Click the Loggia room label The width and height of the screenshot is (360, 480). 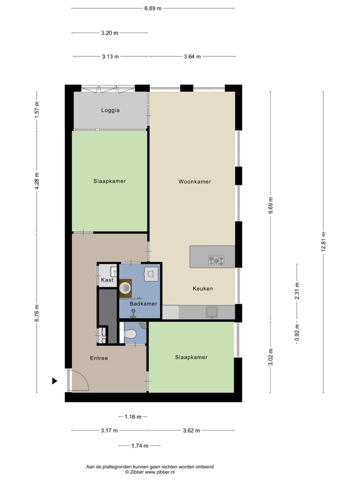110,110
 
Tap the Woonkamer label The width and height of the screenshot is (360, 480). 194,182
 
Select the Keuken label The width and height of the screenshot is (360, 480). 203,289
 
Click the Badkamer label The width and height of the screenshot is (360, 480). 143,304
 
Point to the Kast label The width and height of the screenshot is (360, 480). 107,280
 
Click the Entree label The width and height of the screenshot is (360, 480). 99,358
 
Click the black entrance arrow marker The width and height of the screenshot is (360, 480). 55,381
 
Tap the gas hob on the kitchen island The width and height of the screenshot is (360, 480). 216,261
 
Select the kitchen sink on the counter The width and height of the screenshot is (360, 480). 212,312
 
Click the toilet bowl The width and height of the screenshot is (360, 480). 130,334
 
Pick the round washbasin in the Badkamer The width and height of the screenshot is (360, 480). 125,288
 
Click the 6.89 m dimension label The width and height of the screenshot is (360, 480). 153,8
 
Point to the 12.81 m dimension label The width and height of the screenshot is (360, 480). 323,242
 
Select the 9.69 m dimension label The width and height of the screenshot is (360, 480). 271,205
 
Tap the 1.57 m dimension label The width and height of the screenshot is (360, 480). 37,109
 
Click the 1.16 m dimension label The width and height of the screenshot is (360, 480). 133,416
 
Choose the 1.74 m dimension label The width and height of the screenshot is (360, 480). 140,446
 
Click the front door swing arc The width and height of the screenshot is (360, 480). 85,377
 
